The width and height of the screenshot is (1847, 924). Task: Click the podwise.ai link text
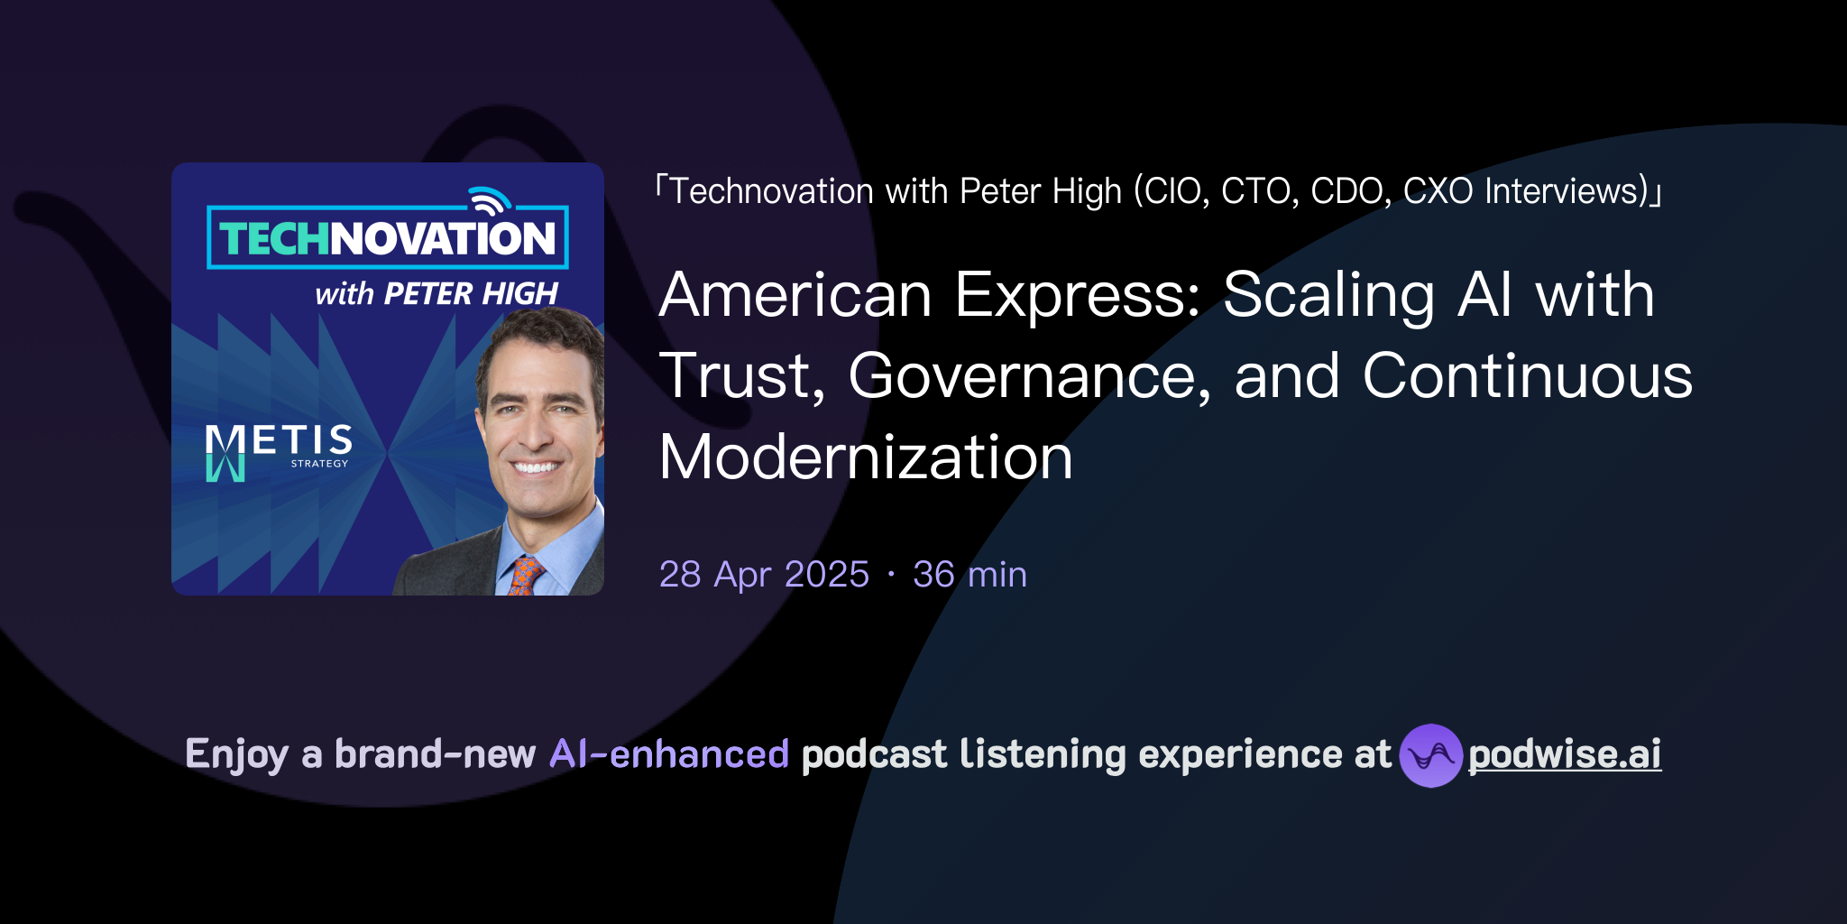(1564, 754)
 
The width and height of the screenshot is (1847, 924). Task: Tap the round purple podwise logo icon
(1430, 755)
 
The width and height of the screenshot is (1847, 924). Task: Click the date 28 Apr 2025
(764, 574)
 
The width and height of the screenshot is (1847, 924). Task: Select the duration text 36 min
(969, 574)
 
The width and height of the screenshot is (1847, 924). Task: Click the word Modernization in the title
(866, 457)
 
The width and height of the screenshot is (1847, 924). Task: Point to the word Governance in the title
(1029, 375)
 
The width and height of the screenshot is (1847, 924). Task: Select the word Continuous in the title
(1527, 375)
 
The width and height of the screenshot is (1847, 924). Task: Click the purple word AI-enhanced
(669, 754)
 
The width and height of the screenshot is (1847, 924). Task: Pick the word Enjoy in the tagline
(236, 754)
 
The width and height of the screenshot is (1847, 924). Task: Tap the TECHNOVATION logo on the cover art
(388, 238)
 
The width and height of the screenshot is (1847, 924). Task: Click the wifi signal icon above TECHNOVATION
(489, 200)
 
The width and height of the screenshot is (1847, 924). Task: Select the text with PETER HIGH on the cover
(436, 293)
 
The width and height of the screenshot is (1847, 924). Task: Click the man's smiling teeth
(536, 467)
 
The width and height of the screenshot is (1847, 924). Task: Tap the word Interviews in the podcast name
(1566, 191)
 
